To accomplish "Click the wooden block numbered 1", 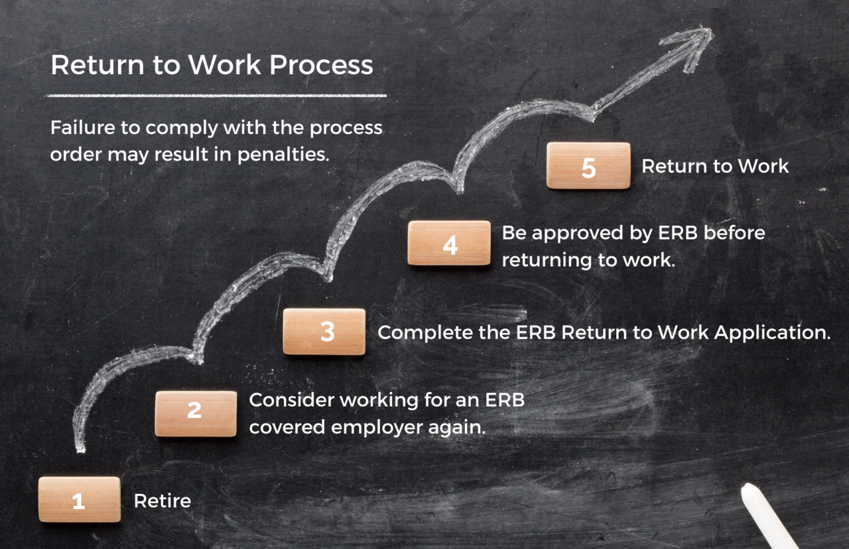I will [80, 499].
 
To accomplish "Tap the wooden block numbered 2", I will [196, 413].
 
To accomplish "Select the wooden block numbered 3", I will [324, 332].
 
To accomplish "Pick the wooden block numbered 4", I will [449, 243].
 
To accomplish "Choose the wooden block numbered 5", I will [588, 166].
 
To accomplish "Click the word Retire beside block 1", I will [163, 501].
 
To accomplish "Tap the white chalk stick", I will [769, 516].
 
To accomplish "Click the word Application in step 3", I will [772, 332].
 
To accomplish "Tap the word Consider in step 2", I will [291, 400].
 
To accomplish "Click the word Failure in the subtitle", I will [80, 127].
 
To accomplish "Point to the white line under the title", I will [216, 95].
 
